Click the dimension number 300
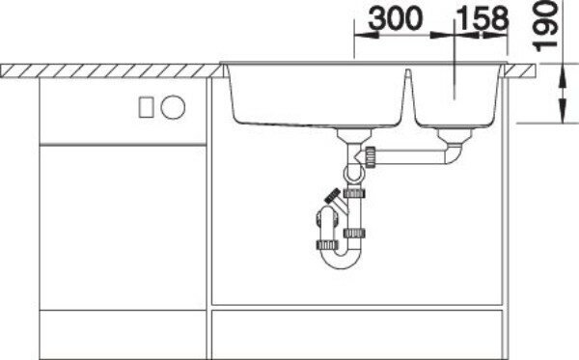[x=395, y=18]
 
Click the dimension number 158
[x=482, y=18]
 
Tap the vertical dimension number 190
[x=545, y=25]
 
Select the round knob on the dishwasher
[x=173, y=107]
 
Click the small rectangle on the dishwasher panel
[x=147, y=107]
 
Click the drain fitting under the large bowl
[x=354, y=135]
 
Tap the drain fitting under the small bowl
[x=455, y=135]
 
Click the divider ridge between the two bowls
[x=408, y=93]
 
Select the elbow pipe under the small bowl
[x=454, y=154]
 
